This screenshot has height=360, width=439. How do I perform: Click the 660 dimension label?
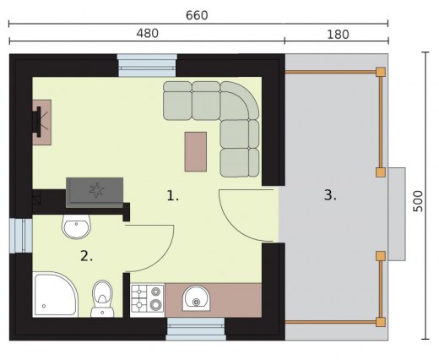197,15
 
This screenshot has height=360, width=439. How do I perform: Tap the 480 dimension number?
148,34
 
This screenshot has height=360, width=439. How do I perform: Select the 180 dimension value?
338,35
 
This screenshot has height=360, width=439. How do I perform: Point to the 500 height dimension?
418,201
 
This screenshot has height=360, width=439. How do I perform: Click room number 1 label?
172,196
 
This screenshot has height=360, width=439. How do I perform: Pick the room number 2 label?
86,256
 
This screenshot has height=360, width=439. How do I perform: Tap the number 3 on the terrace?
330,195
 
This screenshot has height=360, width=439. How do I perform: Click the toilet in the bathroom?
102,298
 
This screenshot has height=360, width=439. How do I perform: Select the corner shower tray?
55,294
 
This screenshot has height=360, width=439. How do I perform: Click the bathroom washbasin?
76,226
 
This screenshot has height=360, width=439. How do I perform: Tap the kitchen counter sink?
196,298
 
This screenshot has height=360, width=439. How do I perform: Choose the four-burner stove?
148,298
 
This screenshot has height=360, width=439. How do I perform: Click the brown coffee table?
196,151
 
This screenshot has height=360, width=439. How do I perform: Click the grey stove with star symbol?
95,193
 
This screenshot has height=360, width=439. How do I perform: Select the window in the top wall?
147,65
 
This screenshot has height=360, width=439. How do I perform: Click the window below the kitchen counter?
196,329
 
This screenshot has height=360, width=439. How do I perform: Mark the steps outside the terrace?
397,214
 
